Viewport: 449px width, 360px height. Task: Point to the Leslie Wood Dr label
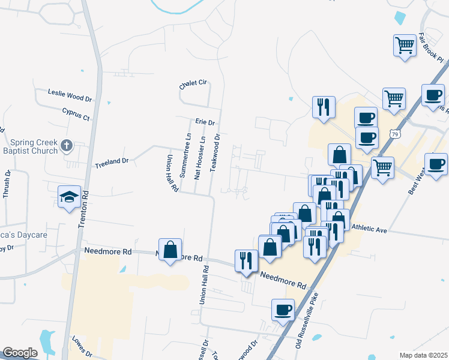coord(70,93)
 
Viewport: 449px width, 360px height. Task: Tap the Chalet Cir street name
coord(193,86)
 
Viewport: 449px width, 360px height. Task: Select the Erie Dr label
coord(205,121)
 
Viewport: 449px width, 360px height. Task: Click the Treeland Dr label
coord(112,162)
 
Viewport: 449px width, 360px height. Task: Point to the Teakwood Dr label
coord(216,153)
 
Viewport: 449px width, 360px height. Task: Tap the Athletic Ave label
coord(370,229)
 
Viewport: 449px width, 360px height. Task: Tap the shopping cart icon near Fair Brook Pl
coord(405,45)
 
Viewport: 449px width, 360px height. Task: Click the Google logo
coord(20,353)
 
